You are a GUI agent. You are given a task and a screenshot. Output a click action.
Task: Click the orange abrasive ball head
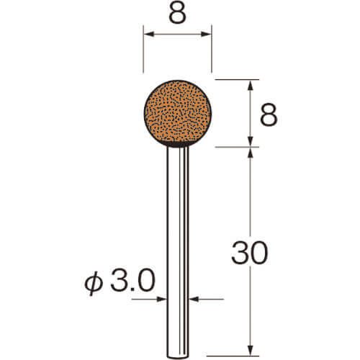pyautogui.click(x=178, y=113)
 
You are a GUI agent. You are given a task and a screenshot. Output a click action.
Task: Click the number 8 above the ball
pyautogui.click(x=178, y=13)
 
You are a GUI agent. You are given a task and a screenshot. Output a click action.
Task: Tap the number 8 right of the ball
pyautogui.click(x=269, y=115)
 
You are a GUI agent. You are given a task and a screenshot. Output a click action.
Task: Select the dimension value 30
pyautogui.click(x=250, y=253)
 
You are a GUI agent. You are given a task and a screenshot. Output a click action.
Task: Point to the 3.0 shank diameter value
pyautogui.click(x=132, y=280)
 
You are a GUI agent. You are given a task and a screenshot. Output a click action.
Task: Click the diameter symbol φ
pyautogui.click(x=94, y=283)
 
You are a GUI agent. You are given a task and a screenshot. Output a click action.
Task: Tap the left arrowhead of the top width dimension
pyautogui.click(x=149, y=34)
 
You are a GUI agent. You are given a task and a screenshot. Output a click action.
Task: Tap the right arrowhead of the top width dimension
pyautogui.click(x=206, y=34)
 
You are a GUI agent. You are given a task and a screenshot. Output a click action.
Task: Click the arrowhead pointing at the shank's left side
pyautogui.click(x=162, y=299)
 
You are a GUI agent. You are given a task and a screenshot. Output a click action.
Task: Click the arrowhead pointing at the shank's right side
pyautogui.click(x=194, y=299)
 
